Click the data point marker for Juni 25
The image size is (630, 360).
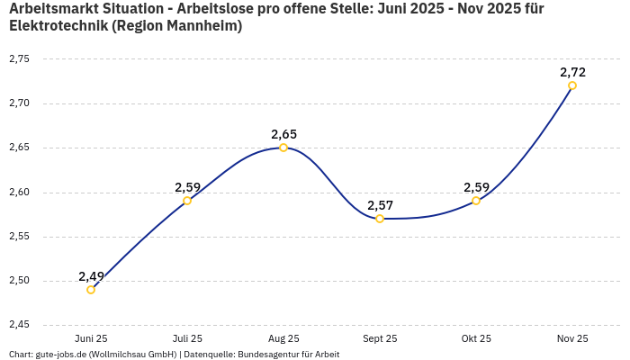[x=91, y=290]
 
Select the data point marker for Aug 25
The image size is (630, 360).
[x=283, y=148]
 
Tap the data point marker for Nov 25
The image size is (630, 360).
[x=572, y=85]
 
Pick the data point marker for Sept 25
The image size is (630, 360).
[x=380, y=219]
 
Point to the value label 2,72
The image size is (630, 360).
[x=572, y=72]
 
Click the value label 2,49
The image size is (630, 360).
[x=91, y=276]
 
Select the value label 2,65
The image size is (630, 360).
[x=283, y=134]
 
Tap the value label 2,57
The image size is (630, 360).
[x=380, y=205]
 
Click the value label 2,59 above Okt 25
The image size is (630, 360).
[x=476, y=187]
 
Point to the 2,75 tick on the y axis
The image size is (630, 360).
[x=19, y=58]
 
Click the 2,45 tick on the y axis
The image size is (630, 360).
[x=19, y=325]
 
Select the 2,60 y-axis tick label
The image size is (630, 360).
[x=19, y=192]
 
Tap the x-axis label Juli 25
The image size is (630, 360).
[x=187, y=339]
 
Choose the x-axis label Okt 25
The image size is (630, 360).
[x=476, y=339]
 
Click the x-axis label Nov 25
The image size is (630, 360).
[x=572, y=339]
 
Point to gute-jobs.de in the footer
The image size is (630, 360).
[x=61, y=355]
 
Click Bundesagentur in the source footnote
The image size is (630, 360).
[x=265, y=355]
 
